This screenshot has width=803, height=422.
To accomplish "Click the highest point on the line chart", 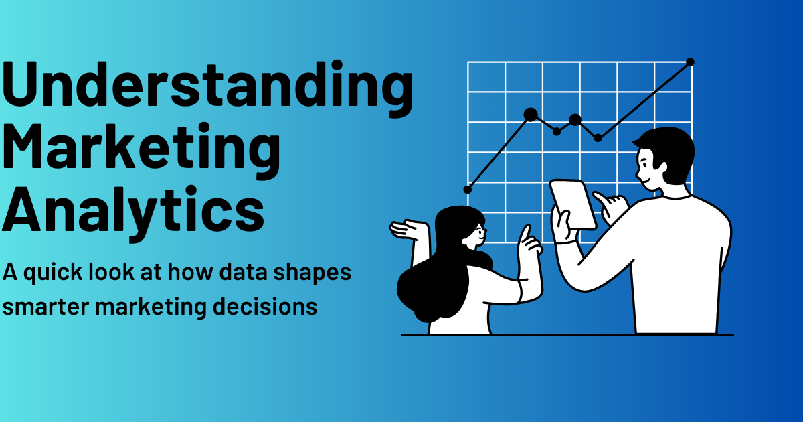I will click(690, 62).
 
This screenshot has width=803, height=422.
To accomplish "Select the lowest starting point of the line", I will click(467, 190).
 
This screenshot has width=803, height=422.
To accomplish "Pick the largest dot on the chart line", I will click(531, 115).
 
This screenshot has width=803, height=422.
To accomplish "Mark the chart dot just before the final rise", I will click(598, 138).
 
